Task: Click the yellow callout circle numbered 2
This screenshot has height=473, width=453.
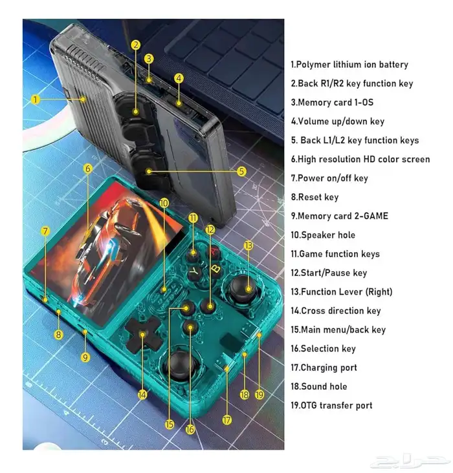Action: point(136,45)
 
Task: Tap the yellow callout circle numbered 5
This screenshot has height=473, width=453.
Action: point(241,171)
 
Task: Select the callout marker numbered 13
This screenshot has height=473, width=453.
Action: point(248,246)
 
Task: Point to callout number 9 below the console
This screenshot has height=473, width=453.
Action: point(85,357)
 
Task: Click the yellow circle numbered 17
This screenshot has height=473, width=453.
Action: point(227,420)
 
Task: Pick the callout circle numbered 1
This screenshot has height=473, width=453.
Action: point(36,100)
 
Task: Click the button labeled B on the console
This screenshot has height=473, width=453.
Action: point(215,268)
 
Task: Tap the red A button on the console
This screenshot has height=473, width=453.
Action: point(214,251)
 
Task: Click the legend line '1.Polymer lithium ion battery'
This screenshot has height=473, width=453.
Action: point(349,65)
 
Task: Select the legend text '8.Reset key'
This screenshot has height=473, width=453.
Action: point(315,197)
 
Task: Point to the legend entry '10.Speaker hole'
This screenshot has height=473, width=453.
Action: point(323,235)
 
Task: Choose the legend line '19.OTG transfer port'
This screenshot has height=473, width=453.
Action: point(331,405)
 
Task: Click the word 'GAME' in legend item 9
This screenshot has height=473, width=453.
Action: point(375,216)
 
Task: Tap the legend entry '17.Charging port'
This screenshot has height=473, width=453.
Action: point(324,368)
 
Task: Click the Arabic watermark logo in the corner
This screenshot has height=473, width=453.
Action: point(410,461)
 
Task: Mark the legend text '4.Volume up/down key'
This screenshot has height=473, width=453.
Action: point(338,121)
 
